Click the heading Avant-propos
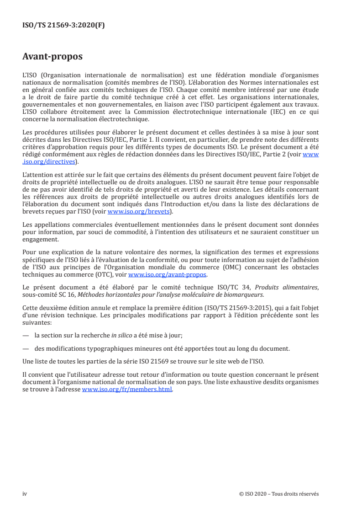tap(52, 57)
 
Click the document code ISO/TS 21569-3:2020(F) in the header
tap(63, 26)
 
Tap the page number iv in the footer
tap(25, 494)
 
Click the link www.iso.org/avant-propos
tap(168, 275)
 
